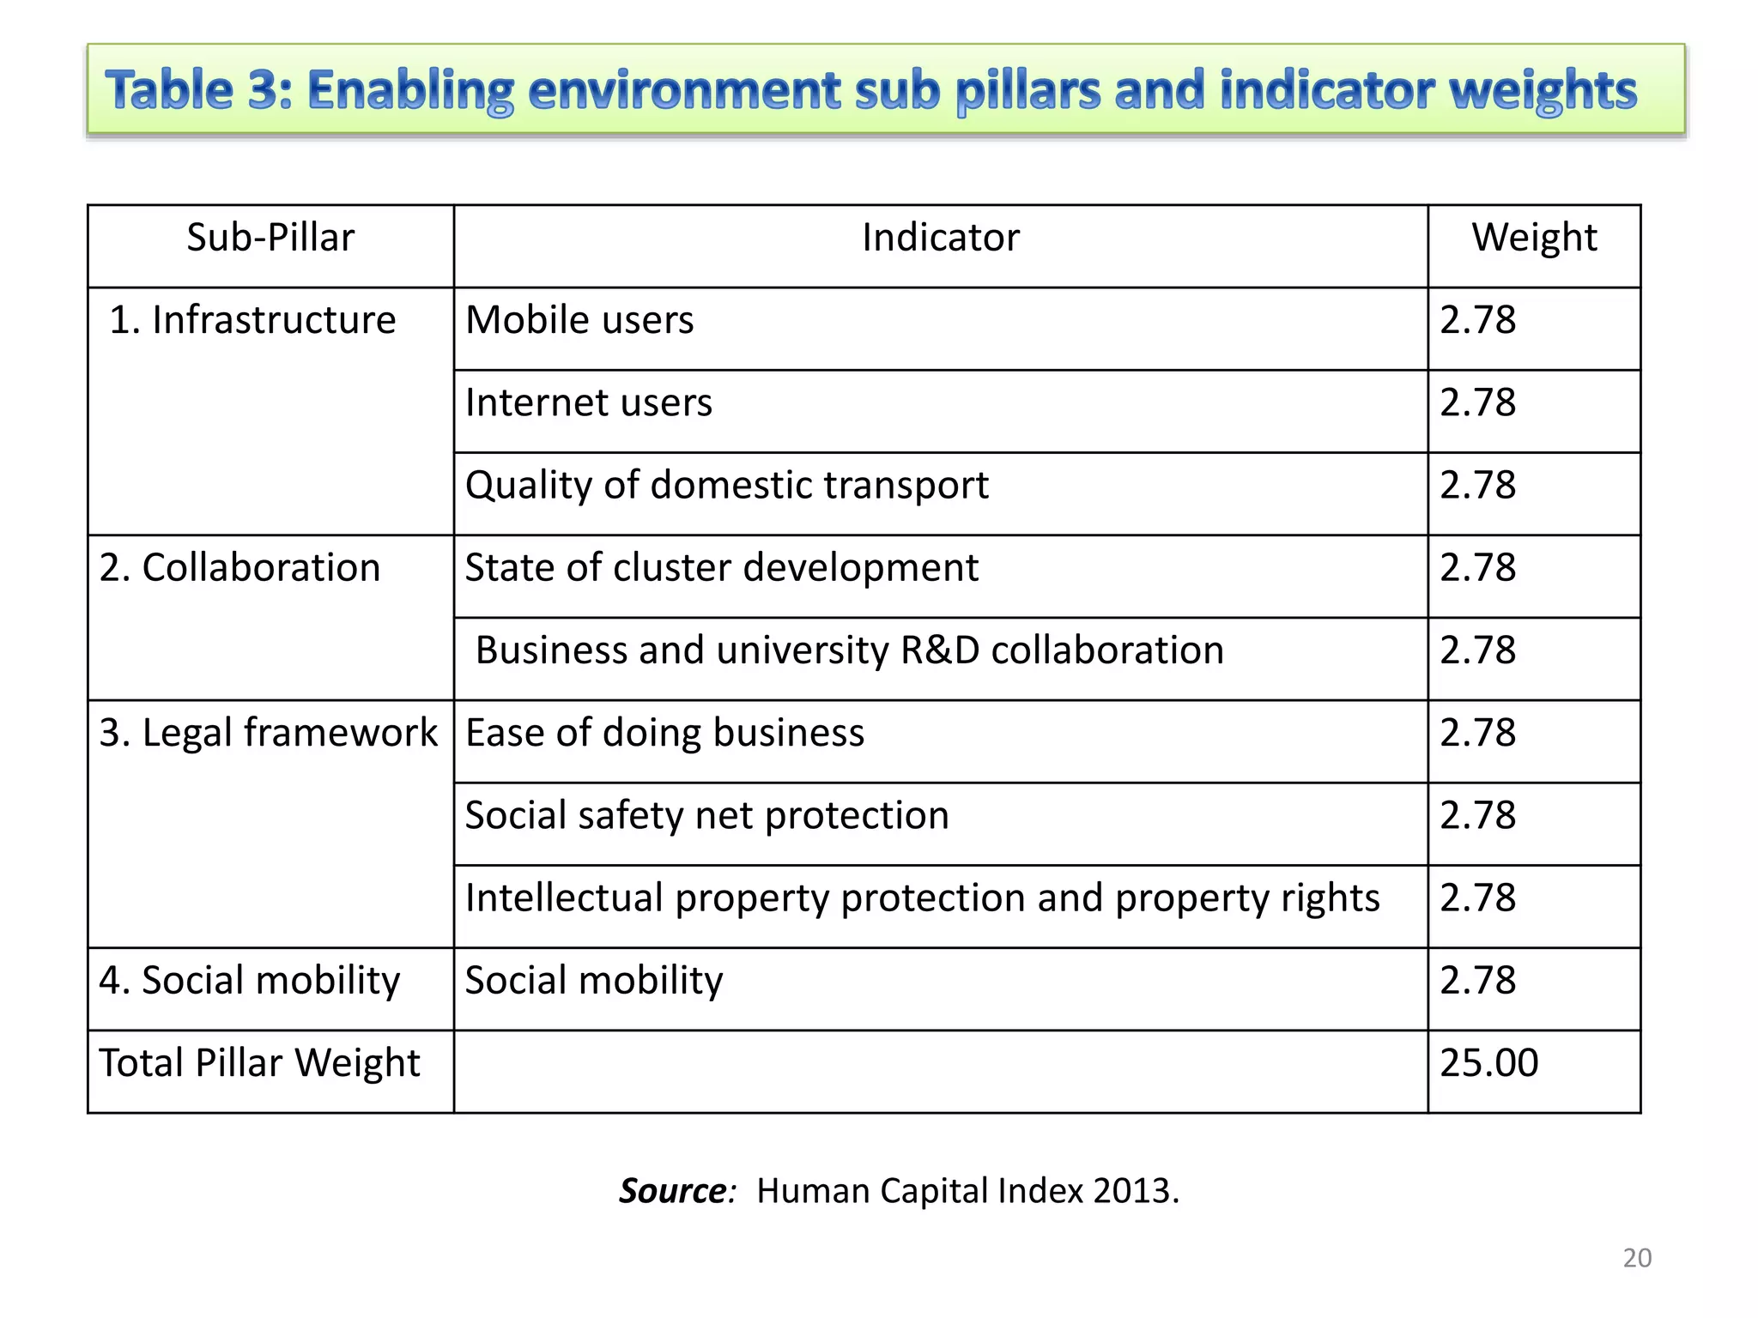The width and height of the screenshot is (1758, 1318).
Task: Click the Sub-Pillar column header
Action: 270,238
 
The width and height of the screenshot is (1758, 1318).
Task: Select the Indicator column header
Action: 940,238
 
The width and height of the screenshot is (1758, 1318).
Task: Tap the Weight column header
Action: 1534,238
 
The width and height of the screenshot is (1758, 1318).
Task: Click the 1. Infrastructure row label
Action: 252,320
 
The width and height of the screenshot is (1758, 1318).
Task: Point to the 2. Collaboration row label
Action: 239,568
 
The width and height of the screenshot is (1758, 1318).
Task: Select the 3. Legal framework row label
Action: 268,733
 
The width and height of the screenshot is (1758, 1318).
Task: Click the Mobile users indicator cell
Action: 579,320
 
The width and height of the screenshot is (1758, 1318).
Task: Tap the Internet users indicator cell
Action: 589,402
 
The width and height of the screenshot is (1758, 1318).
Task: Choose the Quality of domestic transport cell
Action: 726,486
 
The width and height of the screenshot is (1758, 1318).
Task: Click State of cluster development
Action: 721,568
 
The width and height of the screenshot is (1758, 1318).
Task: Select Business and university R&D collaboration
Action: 849,650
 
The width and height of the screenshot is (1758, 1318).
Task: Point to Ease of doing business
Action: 664,733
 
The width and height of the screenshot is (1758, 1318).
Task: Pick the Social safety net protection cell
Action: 706,815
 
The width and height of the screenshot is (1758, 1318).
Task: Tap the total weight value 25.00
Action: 1488,1063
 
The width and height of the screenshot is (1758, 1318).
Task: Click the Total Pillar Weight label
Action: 259,1063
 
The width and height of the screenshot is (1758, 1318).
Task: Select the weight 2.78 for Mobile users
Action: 1477,320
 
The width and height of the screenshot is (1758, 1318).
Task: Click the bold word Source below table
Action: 674,1191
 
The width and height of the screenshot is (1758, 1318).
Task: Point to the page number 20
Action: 1637,1258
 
